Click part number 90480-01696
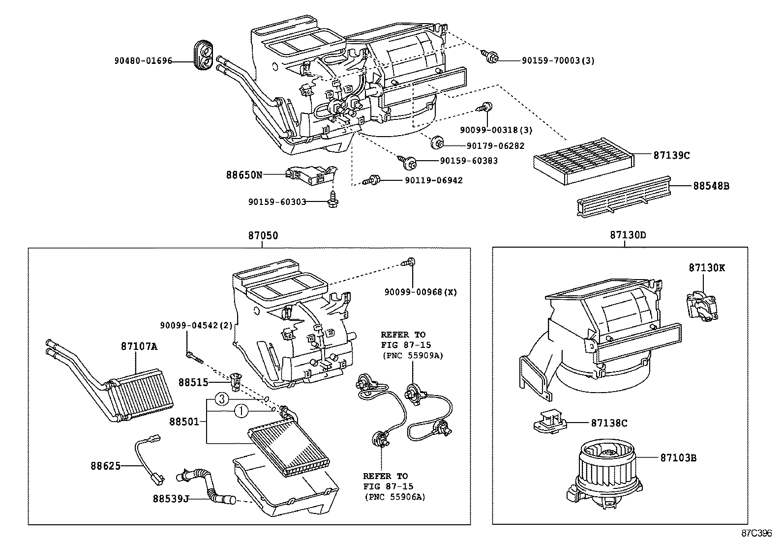143,61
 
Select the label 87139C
671,155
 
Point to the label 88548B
711,186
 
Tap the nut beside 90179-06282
436,143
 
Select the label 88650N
244,174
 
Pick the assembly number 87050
263,235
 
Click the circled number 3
222,399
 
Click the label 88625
105,465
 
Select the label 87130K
706,268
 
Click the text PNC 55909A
413,356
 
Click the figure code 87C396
757,533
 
